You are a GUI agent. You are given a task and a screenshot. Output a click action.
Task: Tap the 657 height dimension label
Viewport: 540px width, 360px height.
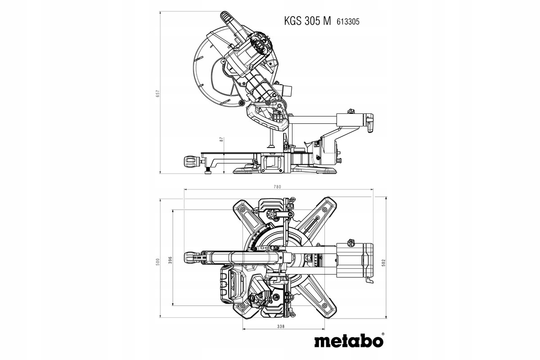pos(157,93)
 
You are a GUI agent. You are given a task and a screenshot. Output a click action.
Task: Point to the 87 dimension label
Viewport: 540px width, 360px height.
pos(221,139)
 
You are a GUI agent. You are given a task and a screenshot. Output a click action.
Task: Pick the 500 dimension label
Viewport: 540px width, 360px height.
pos(157,262)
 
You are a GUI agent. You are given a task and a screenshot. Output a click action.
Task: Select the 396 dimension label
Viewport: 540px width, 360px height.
pos(170,261)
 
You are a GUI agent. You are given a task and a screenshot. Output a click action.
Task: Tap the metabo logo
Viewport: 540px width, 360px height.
pos(346,341)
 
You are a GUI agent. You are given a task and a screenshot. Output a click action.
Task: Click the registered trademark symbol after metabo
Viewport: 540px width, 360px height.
pos(382,335)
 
